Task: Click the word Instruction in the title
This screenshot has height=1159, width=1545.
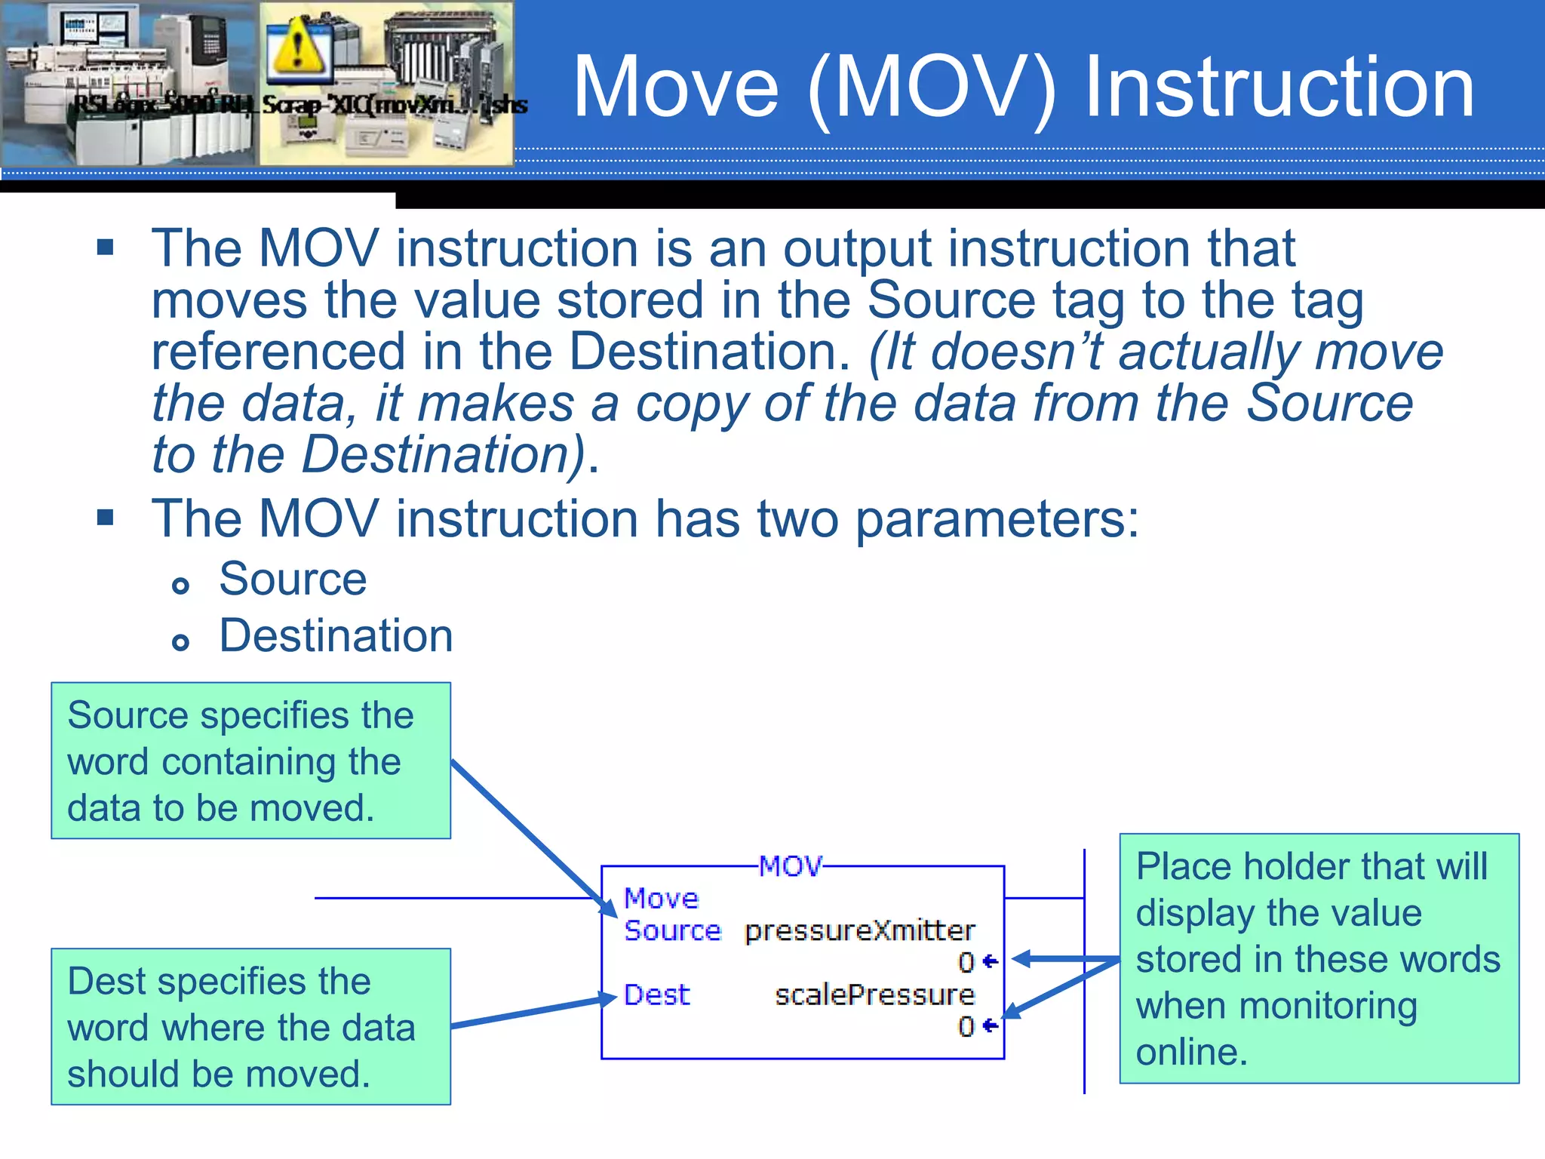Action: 1279,88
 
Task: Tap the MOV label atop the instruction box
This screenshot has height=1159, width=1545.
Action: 790,866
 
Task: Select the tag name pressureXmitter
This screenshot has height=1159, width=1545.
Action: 859,930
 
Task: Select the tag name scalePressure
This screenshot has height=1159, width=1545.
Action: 874,995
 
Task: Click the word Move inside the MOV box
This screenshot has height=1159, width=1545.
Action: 661,898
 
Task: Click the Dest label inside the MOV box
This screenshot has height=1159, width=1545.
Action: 656,995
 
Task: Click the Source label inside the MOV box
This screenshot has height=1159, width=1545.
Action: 672,930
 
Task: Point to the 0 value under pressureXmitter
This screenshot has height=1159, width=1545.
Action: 966,962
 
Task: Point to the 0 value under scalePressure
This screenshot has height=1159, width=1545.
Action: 966,1026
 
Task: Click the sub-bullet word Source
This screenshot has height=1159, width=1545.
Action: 293,579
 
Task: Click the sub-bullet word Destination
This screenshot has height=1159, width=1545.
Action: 336,635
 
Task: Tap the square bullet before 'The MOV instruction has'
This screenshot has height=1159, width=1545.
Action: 106,518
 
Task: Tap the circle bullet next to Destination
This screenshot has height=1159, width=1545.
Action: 180,642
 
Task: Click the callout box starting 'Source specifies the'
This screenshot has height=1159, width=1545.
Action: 250,761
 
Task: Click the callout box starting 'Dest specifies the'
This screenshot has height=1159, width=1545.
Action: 250,1026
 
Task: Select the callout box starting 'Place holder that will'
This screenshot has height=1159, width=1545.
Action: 1319,958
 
